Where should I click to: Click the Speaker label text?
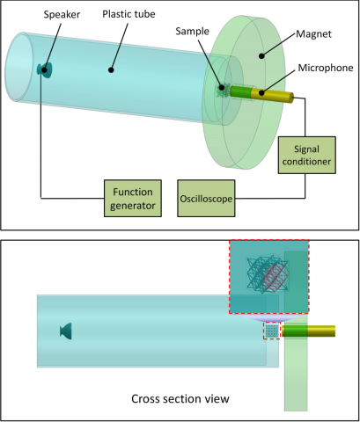click(62, 14)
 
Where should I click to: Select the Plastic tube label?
click(129, 14)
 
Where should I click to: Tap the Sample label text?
click(192, 31)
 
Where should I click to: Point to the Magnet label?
click(313, 34)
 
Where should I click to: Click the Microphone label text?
click(326, 68)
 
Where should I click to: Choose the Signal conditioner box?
click(307, 155)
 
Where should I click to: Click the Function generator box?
click(133, 199)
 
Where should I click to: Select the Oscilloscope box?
click(206, 199)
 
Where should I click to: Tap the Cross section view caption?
click(180, 398)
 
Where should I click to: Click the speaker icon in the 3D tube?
click(45, 70)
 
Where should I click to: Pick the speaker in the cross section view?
click(66, 331)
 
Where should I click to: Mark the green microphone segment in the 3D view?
click(240, 91)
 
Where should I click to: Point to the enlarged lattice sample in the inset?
click(267, 274)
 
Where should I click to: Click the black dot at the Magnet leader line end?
click(261, 55)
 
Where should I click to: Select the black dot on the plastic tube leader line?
click(111, 69)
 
